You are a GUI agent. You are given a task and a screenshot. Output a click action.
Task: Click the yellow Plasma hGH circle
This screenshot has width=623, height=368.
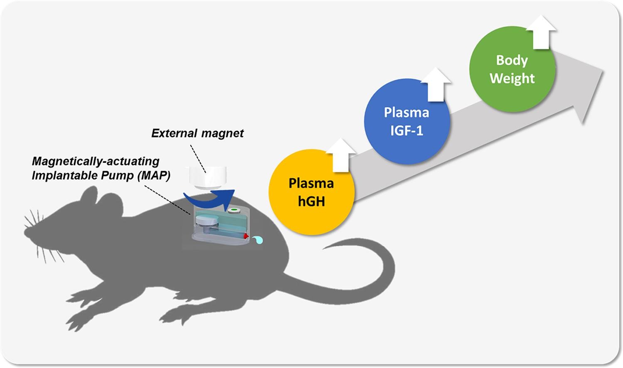click(x=312, y=192)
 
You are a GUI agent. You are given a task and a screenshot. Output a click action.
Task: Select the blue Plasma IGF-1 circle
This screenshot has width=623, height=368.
click(x=407, y=121)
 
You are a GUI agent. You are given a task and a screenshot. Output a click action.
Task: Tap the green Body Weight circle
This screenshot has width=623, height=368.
click(x=512, y=69)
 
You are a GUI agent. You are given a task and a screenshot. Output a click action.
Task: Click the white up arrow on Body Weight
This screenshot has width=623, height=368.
click(x=541, y=32)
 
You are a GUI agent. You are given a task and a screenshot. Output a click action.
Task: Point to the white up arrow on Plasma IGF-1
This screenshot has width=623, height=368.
click(x=436, y=84)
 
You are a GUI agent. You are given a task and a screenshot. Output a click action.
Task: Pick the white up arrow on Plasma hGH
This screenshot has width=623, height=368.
click(x=341, y=155)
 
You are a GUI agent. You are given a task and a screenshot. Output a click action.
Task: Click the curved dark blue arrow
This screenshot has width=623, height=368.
click(x=209, y=198)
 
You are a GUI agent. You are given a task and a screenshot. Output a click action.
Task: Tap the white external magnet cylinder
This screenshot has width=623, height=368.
click(x=208, y=178)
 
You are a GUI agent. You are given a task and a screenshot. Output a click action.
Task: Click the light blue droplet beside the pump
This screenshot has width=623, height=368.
click(x=258, y=240)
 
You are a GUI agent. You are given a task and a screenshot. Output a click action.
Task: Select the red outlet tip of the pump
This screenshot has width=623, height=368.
click(x=246, y=236)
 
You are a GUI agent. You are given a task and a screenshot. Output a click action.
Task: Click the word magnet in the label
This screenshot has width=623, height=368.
click(x=222, y=134)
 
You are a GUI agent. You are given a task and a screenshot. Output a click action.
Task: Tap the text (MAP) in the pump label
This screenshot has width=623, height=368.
click(x=154, y=176)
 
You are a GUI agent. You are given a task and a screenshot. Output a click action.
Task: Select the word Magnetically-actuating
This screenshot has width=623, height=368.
click(x=96, y=162)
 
